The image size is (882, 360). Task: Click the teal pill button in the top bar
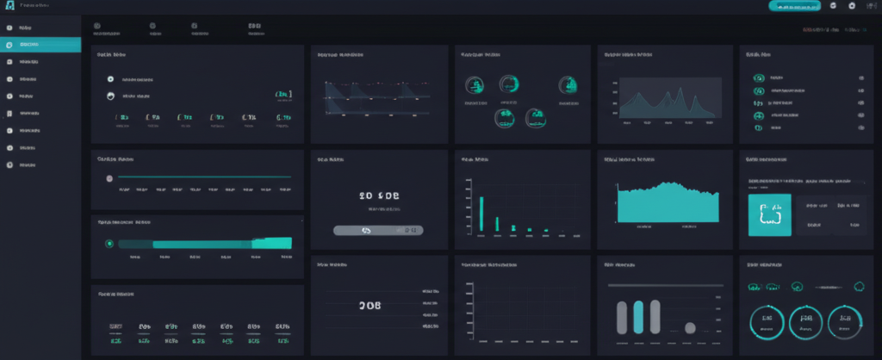coord(792,6)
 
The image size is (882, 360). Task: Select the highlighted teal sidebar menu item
coord(40,44)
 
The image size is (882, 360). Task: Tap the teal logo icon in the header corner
coord(10,7)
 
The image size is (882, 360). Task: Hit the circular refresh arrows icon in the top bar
coord(833,6)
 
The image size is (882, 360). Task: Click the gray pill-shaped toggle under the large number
coord(378,230)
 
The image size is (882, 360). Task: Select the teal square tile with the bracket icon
coord(762,214)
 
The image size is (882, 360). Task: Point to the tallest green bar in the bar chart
coord(481,214)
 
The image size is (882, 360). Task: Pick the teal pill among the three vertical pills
coord(639,316)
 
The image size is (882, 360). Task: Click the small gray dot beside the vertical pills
coord(689,327)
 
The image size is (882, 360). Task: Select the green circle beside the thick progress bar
coord(109,244)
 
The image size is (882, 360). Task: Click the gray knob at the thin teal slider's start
coord(109,178)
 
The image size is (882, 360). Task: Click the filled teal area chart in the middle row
coord(668,203)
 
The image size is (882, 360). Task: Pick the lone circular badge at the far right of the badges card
coord(567,84)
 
